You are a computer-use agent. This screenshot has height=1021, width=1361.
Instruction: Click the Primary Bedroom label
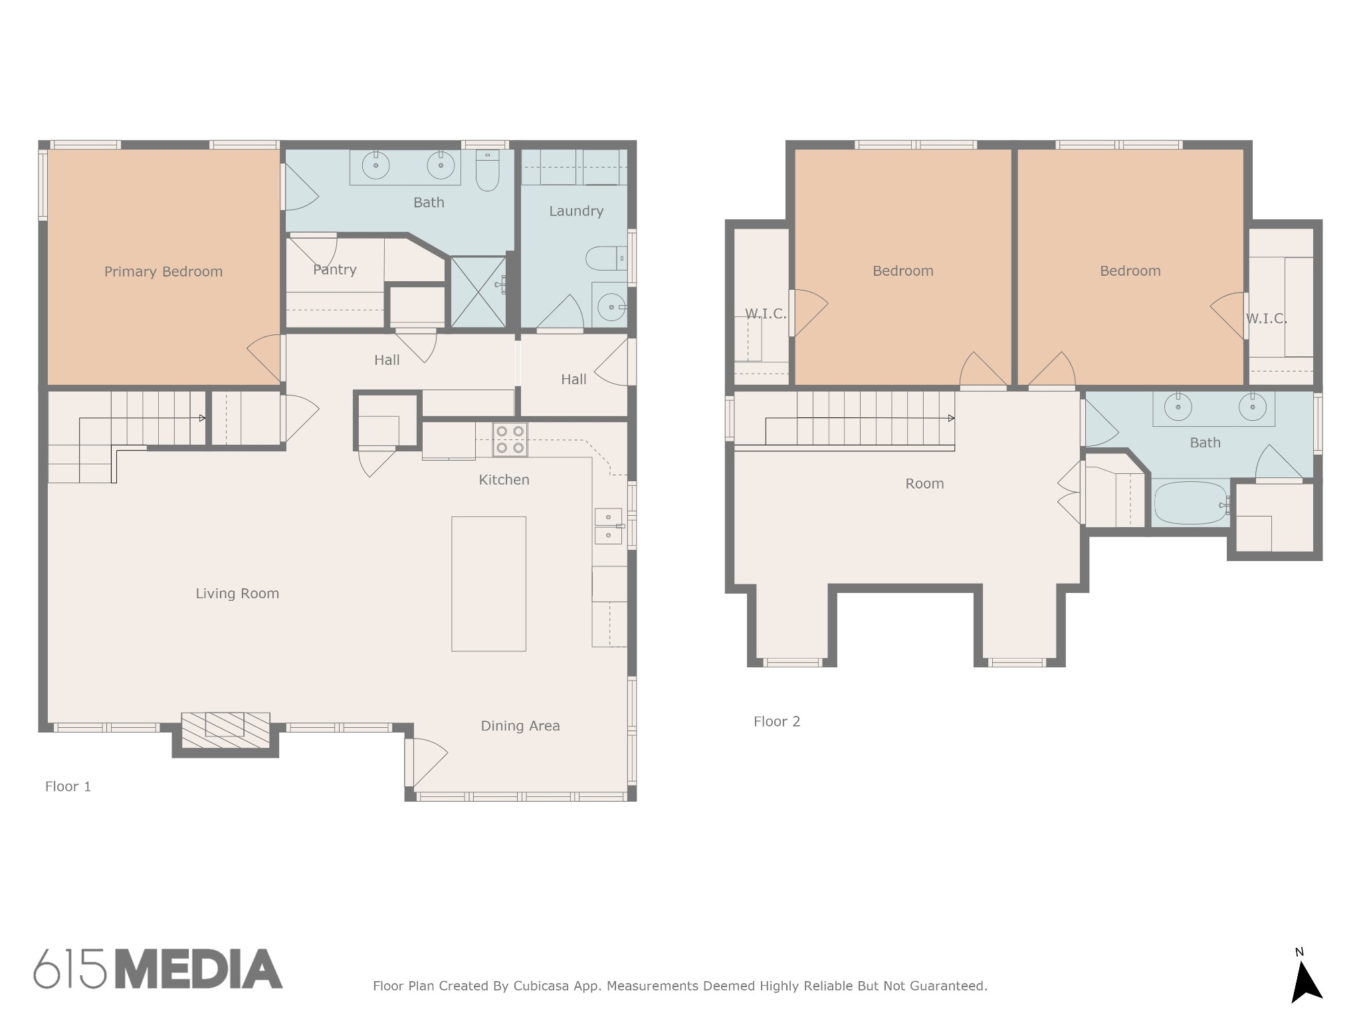pyautogui.click(x=163, y=272)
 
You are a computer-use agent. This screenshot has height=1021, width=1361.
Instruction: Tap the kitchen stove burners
pyautogui.click(x=510, y=439)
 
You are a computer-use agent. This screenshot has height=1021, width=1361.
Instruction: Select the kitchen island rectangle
pyautogui.click(x=488, y=584)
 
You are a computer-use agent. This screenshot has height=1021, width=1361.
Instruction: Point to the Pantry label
pyautogui.click(x=335, y=270)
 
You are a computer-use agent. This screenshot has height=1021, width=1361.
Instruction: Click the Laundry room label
pyautogui.click(x=576, y=211)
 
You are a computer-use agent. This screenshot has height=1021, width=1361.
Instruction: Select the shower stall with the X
pyautogui.click(x=478, y=292)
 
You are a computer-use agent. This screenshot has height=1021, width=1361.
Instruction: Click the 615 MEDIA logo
pyautogui.click(x=158, y=968)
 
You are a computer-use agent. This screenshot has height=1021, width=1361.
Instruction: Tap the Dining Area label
pyautogui.click(x=520, y=726)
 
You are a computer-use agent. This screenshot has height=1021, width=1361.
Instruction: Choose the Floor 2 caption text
pyautogui.click(x=777, y=722)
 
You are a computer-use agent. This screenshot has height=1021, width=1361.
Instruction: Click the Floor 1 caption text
pyautogui.click(x=68, y=787)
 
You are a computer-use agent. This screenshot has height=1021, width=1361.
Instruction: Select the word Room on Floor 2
pyautogui.click(x=924, y=484)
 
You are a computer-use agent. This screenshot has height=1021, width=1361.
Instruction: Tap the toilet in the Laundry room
pyautogui.click(x=606, y=259)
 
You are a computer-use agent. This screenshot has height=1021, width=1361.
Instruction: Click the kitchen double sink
pyautogui.click(x=608, y=526)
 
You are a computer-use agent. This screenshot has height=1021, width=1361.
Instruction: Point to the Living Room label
pyautogui.click(x=237, y=594)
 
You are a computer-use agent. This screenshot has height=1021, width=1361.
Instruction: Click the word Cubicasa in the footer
pyautogui.click(x=541, y=986)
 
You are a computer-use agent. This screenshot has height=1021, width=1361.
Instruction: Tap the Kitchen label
pyautogui.click(x=504, y=480)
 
